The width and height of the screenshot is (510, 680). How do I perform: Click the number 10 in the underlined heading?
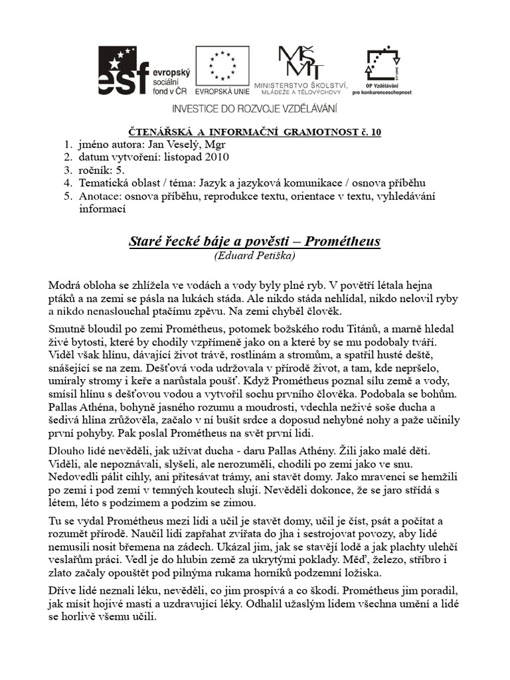click(x=376, y=132)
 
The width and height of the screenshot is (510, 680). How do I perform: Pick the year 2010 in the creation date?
click(x=216, y=157)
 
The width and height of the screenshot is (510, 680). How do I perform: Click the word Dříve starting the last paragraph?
click(x=65, y=590)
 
